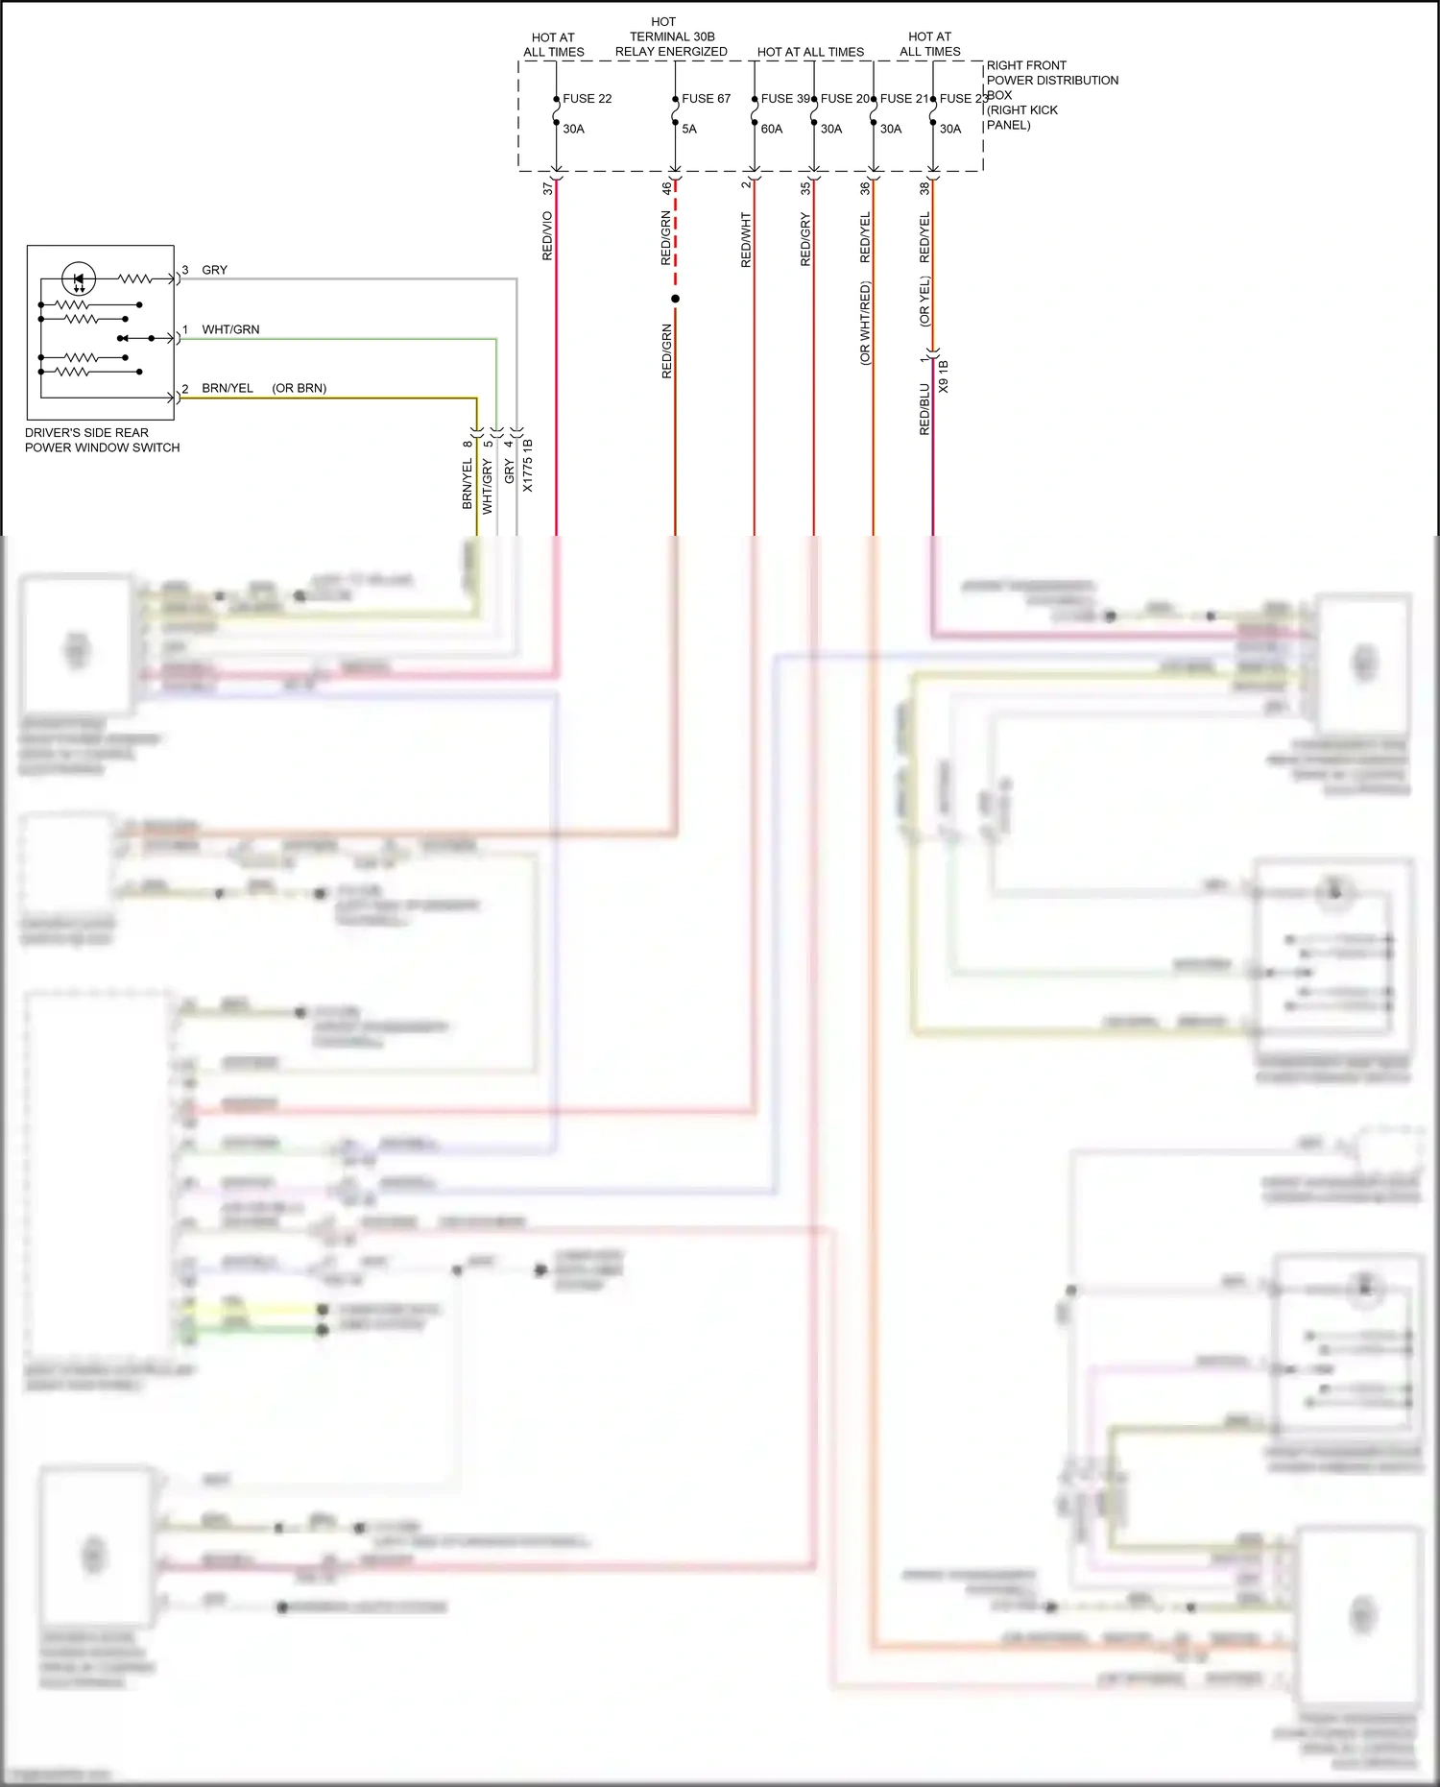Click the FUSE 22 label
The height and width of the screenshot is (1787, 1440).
pos(587,99)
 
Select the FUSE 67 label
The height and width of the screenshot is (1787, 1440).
pos(706,99)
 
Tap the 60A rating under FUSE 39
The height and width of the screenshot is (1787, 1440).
pos(772,129)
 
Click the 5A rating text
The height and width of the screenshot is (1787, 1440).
pos(689,129)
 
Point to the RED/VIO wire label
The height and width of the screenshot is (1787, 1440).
pos(547,236)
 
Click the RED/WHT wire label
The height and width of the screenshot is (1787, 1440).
pos(746,240)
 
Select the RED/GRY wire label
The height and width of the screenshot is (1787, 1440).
pos(805,240)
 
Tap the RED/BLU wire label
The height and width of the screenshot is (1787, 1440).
pos(924,410)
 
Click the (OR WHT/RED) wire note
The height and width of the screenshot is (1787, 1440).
pos(865,323)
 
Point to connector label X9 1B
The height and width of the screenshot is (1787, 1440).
pos(943,376)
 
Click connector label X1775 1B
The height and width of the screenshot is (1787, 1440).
pos(527,466)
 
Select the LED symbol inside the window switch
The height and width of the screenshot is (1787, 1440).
pos(79,279)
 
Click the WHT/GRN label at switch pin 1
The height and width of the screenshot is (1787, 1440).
pos(230,329)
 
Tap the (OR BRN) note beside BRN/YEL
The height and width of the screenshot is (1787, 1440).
pos(299,389)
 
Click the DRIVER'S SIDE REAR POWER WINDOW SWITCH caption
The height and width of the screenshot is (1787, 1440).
pos(102,440)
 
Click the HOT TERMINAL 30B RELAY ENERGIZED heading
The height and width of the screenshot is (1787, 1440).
pos(671,36)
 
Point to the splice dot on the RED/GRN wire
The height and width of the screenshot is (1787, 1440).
pos(675,299)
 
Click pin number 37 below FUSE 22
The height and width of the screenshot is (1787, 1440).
pos(547,189)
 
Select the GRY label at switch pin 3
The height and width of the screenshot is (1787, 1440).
pos(214,270)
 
